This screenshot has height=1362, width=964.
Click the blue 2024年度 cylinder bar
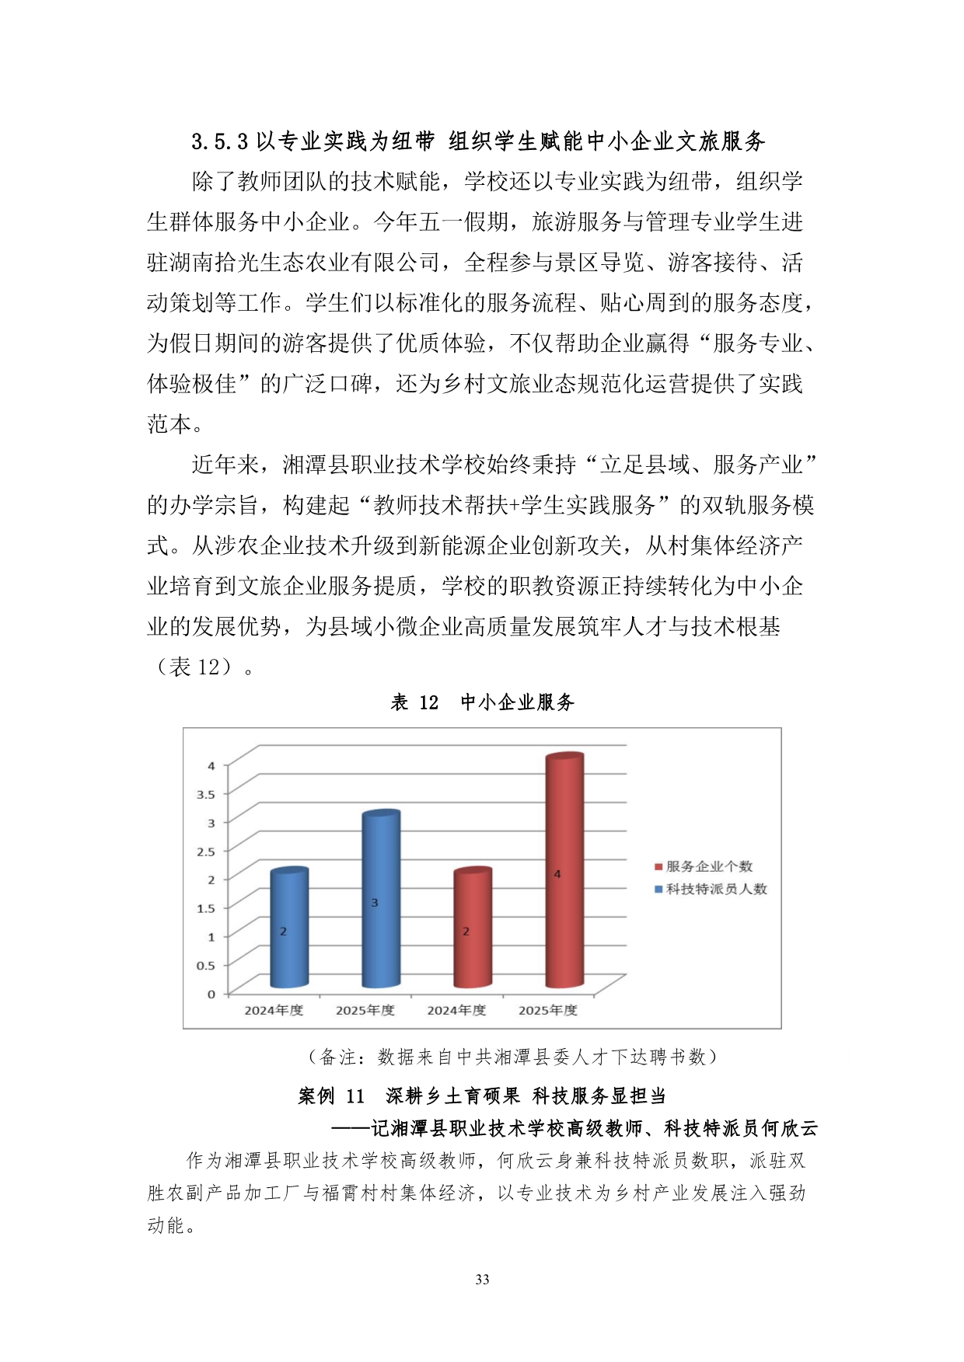[288, 928]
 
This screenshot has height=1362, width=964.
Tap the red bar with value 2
[472, 928]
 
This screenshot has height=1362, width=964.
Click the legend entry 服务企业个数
[708, 866]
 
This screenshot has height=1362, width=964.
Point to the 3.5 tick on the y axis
[205, 794]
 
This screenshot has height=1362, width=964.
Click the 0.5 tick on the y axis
[205, 966]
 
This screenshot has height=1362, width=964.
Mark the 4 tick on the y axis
[211, 766]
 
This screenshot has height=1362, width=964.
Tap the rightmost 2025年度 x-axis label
[548, 1010]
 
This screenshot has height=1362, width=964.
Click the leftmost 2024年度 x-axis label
[274, 1010]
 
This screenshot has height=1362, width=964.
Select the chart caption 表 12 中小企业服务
[482, 702]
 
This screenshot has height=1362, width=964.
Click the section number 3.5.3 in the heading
[219, 141]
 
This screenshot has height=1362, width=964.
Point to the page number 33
[482, 1280]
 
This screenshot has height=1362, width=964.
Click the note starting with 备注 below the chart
[512, 1057]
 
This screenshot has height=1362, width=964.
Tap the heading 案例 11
[331, 1096]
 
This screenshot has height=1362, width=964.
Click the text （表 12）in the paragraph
[194, 667]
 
